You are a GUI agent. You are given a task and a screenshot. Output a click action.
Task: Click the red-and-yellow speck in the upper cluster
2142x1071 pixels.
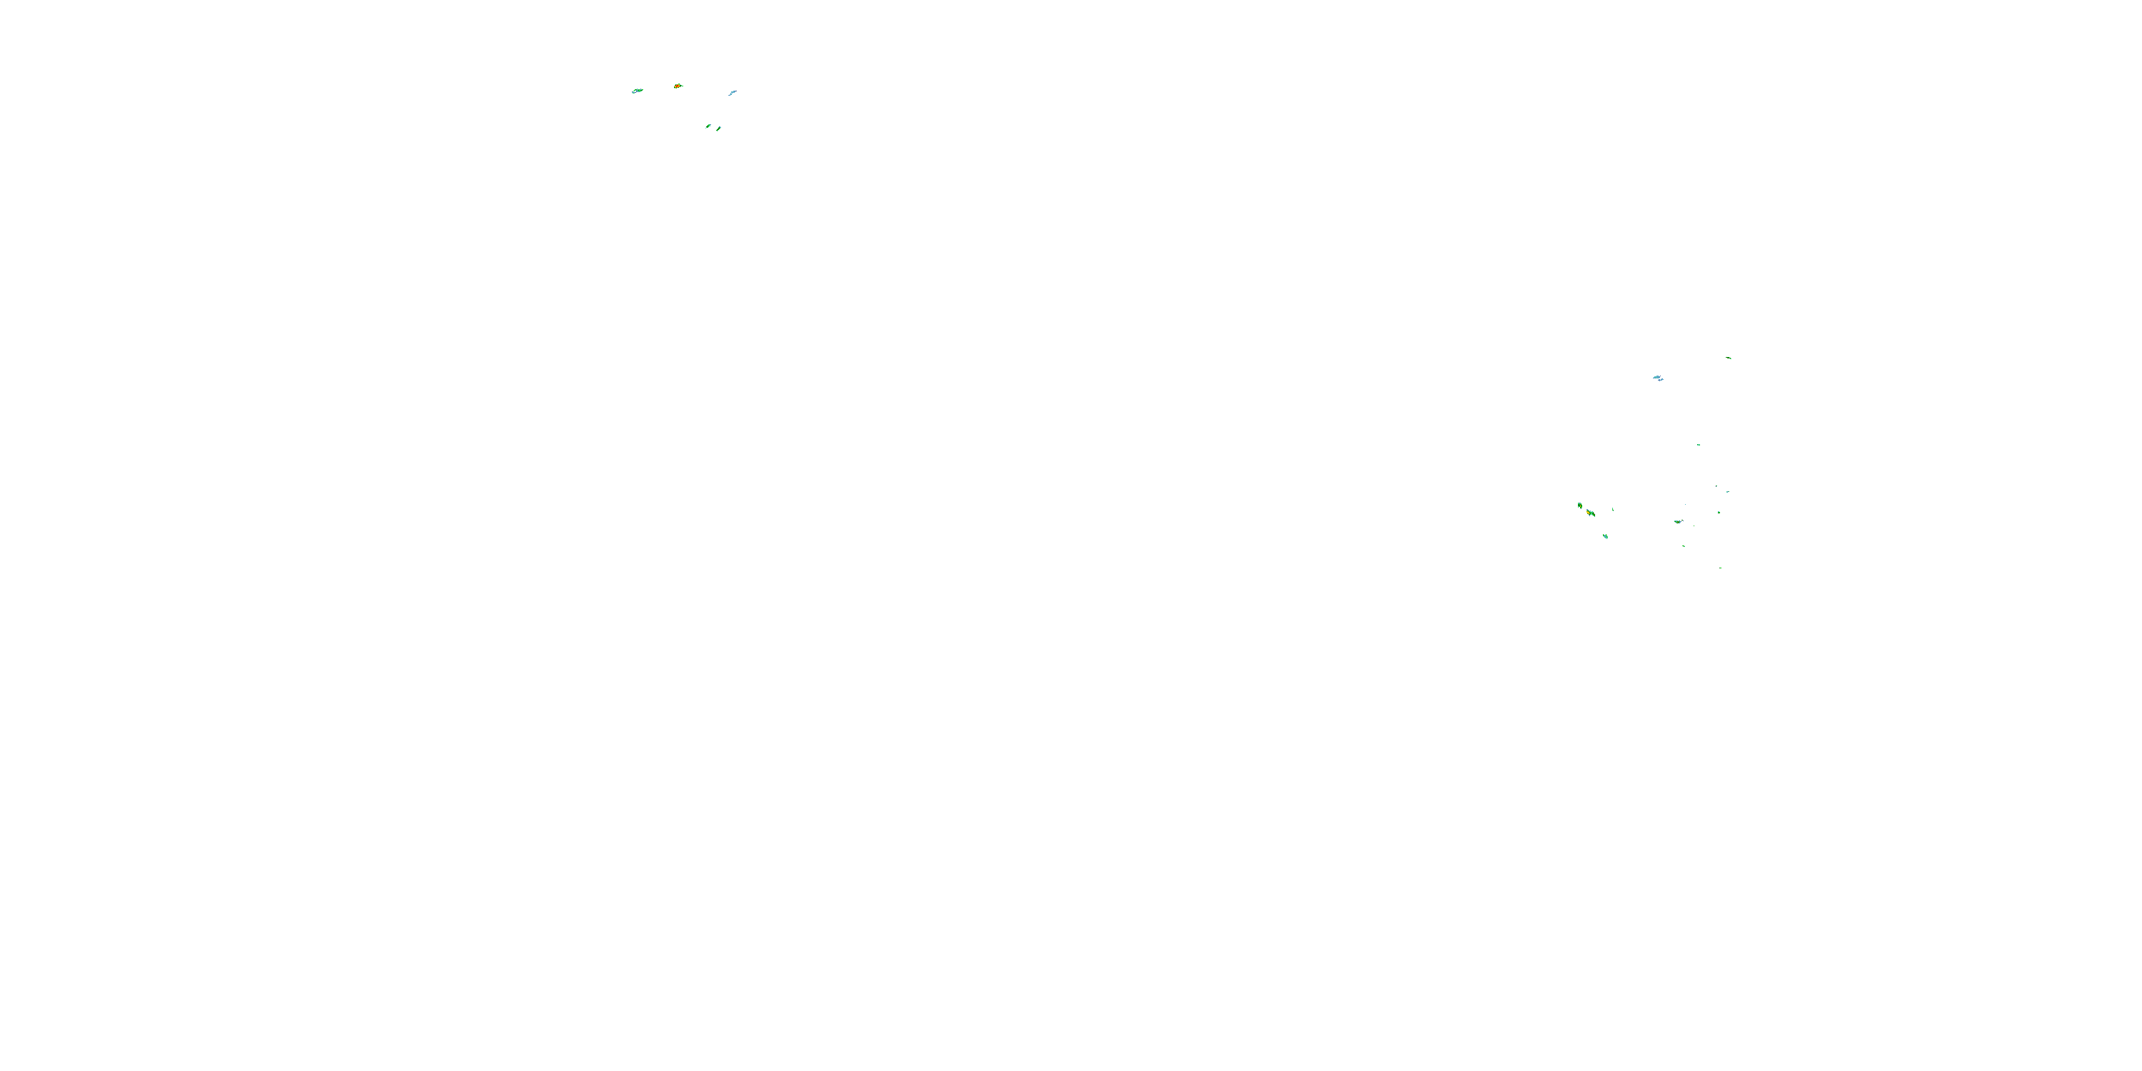pyautogui.click(x=678, y=86)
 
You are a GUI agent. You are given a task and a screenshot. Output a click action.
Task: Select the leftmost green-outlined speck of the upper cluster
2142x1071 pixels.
pyautogui.click(x=638, y=91)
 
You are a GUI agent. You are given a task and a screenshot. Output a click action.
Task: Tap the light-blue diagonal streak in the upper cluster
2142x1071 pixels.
pyautogui.click(x=732, y=92)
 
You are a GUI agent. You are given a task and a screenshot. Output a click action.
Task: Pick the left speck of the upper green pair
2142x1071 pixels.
pyautogui.click(x=708, y=126)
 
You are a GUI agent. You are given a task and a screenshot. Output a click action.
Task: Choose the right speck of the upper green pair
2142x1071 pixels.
pyautogui.click(x=718, y=129)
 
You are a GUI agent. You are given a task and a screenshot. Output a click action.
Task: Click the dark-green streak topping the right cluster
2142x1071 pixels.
pyautogui.click(x=1729, y=358)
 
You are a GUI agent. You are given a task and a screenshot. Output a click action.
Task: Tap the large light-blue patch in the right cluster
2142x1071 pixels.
pyautogui.click(x=1658, y=378)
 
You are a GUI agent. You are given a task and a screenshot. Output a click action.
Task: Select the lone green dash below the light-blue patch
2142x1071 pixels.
pyautogui.click(x=1698, y=445)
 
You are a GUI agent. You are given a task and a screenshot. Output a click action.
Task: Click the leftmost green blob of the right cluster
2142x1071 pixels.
pyautogui.click(x=1580, y=506)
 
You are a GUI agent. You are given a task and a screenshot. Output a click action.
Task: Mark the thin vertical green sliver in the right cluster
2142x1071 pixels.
pyautogui.click(x=1613, y=509)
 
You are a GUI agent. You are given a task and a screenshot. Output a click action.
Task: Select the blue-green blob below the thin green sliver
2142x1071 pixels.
pyautogui.click(x=1606, y=536)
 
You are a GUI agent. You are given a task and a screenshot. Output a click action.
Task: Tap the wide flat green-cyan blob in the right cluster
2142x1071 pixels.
pyautogui.click(x=1677, y=522)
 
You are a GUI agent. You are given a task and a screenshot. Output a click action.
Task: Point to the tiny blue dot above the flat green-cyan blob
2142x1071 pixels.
pyautogui.click(x=1686, y=504)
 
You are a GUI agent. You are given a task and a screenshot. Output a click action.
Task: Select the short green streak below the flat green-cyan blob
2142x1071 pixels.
pyautogui.click(x=1684, y=546)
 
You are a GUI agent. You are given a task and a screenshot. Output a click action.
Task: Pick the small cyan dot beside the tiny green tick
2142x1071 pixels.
pyautogui.click(x=1727, y=491)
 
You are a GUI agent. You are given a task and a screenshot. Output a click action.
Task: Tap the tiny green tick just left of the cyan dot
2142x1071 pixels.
pyautogui.click(x=1716, y=486)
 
